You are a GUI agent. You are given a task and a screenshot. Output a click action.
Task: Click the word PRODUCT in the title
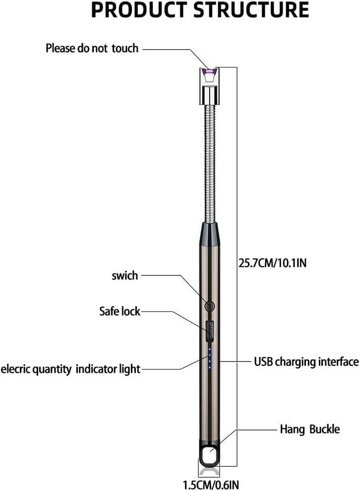click(139, 10)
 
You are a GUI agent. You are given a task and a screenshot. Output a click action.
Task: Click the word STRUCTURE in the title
click(251, 10)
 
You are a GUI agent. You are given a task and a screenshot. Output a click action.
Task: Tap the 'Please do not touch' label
click(92, 48)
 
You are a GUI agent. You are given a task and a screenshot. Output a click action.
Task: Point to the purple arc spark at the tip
click(209, 72)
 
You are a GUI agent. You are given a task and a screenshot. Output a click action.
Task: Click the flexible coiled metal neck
click(209, 163)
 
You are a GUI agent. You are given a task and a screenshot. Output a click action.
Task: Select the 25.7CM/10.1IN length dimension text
click(273, 263)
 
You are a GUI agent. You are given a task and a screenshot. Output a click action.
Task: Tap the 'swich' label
click(125, 276)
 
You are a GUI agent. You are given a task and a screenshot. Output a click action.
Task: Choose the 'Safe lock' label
click(120, 311)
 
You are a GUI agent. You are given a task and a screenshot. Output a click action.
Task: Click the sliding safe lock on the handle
click(210, 331)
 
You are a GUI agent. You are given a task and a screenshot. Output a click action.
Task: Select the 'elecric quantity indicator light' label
click(70, 369)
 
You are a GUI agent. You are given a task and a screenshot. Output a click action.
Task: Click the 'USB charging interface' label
click(306, 362)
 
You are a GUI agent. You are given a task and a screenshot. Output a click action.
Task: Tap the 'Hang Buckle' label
click(309, 429)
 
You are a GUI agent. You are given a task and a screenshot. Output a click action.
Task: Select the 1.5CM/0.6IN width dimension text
click(211, 485)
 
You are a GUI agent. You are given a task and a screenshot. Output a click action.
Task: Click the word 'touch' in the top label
click(125, 48)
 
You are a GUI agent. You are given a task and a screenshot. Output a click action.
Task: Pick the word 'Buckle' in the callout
click(324, 429)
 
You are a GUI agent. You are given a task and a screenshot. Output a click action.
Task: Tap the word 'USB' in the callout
click(263, 362)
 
